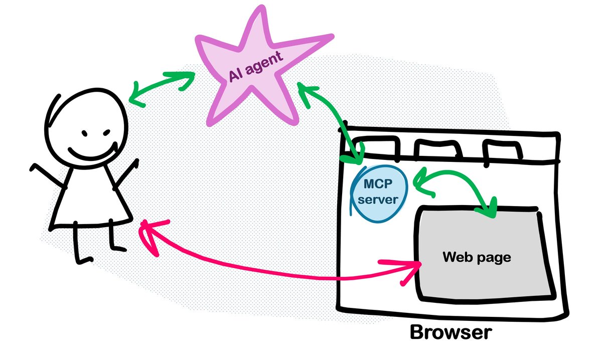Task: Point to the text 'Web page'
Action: pos(476,258)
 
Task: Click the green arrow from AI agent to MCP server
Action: pos(334,118)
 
